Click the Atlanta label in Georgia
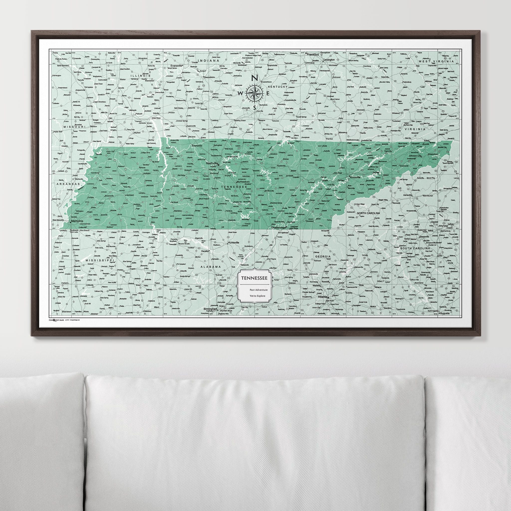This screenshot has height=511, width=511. click(323, 297)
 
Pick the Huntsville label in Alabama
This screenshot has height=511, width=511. click(233, 242)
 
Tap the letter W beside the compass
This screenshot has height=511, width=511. click(241, 93)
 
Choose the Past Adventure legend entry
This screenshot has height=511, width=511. click(258, 290)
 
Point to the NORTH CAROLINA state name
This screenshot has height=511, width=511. click(368, 213)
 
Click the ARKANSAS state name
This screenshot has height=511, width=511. click(68, 184)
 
